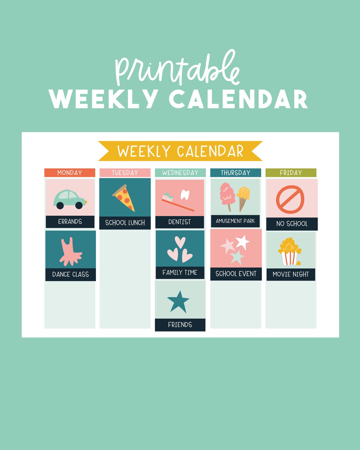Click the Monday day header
69,173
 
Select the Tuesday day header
125,173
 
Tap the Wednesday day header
180,173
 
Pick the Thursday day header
236,173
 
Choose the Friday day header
291,173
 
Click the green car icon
69,200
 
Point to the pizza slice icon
124,198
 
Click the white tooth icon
185,195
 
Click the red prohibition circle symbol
290,200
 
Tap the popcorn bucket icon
290,252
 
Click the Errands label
70,222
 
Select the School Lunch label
125,223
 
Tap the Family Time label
180,273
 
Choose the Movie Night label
291,274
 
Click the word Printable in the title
177,68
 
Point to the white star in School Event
242,242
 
